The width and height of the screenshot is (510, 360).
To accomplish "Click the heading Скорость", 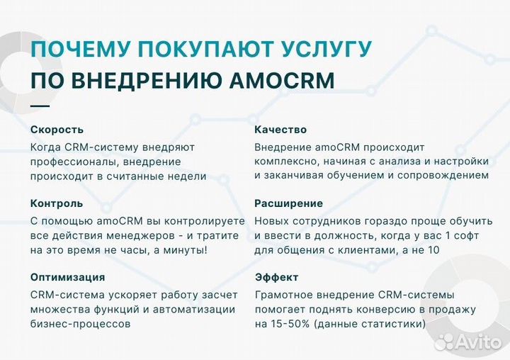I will (x=57, y=130).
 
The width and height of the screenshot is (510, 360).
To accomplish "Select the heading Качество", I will (x=280, y=130).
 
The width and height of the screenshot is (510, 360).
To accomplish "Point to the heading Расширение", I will (x=288, y=203).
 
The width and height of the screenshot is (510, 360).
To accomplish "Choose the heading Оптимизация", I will (x=68, y=277).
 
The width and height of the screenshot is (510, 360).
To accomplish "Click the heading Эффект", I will (x=276, y=277).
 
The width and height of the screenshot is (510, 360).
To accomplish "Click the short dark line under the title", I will (x=40, y=106).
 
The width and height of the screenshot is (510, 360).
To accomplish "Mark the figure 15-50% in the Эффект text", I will (x=288, y=324).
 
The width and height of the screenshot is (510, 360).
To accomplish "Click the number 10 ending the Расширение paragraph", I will (x=432, y=249).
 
